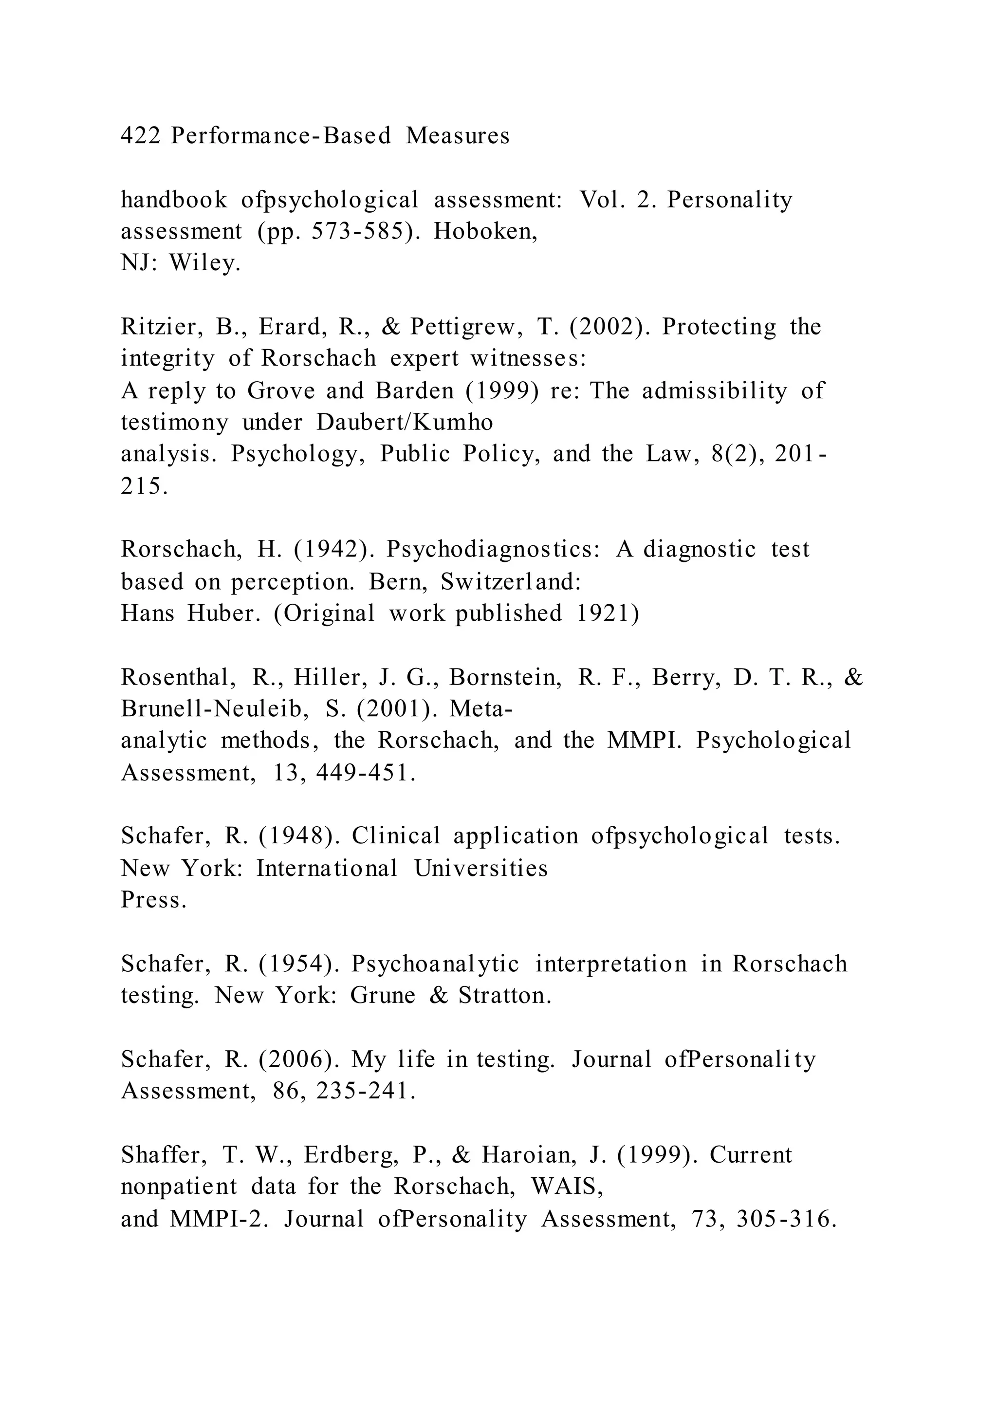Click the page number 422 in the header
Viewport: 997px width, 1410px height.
pyautogui.click(x=140, y=136)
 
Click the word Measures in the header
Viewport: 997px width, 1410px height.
pyautogui.click(x=458, y=136)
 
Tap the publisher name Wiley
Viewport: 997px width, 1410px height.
pyautogui.click(x=204, y=263)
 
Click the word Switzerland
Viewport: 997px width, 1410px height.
pyautogui.click(x=510, y=581)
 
